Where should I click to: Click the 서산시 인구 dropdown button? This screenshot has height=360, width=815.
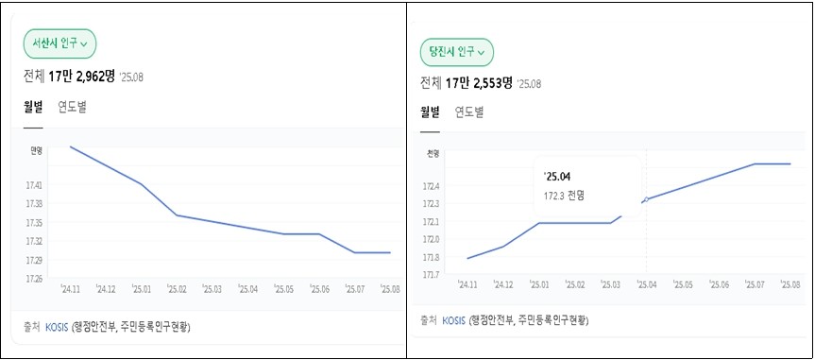coord(59,43)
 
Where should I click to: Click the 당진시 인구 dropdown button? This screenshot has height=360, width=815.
coord(457,52)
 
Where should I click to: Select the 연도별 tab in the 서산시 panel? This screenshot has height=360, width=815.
coord(73,107)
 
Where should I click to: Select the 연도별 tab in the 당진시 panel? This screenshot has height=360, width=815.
coord(469,112)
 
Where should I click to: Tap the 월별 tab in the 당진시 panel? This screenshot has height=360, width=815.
coord(430,112)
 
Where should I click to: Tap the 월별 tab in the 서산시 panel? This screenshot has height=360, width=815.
coord(33,107)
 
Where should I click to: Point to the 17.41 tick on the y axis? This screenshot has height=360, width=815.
coord(34,184)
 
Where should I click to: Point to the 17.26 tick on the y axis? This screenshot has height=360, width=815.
coord(34,279)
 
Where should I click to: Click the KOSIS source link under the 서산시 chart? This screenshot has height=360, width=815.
coord(57,328)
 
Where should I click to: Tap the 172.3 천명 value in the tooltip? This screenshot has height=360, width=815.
coord(565,197)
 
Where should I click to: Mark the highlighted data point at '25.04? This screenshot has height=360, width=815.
coord(646,199)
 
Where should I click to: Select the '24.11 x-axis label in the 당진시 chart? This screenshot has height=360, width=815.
coord(467,284)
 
